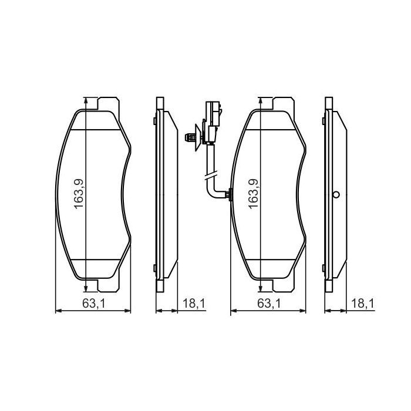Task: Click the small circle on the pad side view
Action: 336,196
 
